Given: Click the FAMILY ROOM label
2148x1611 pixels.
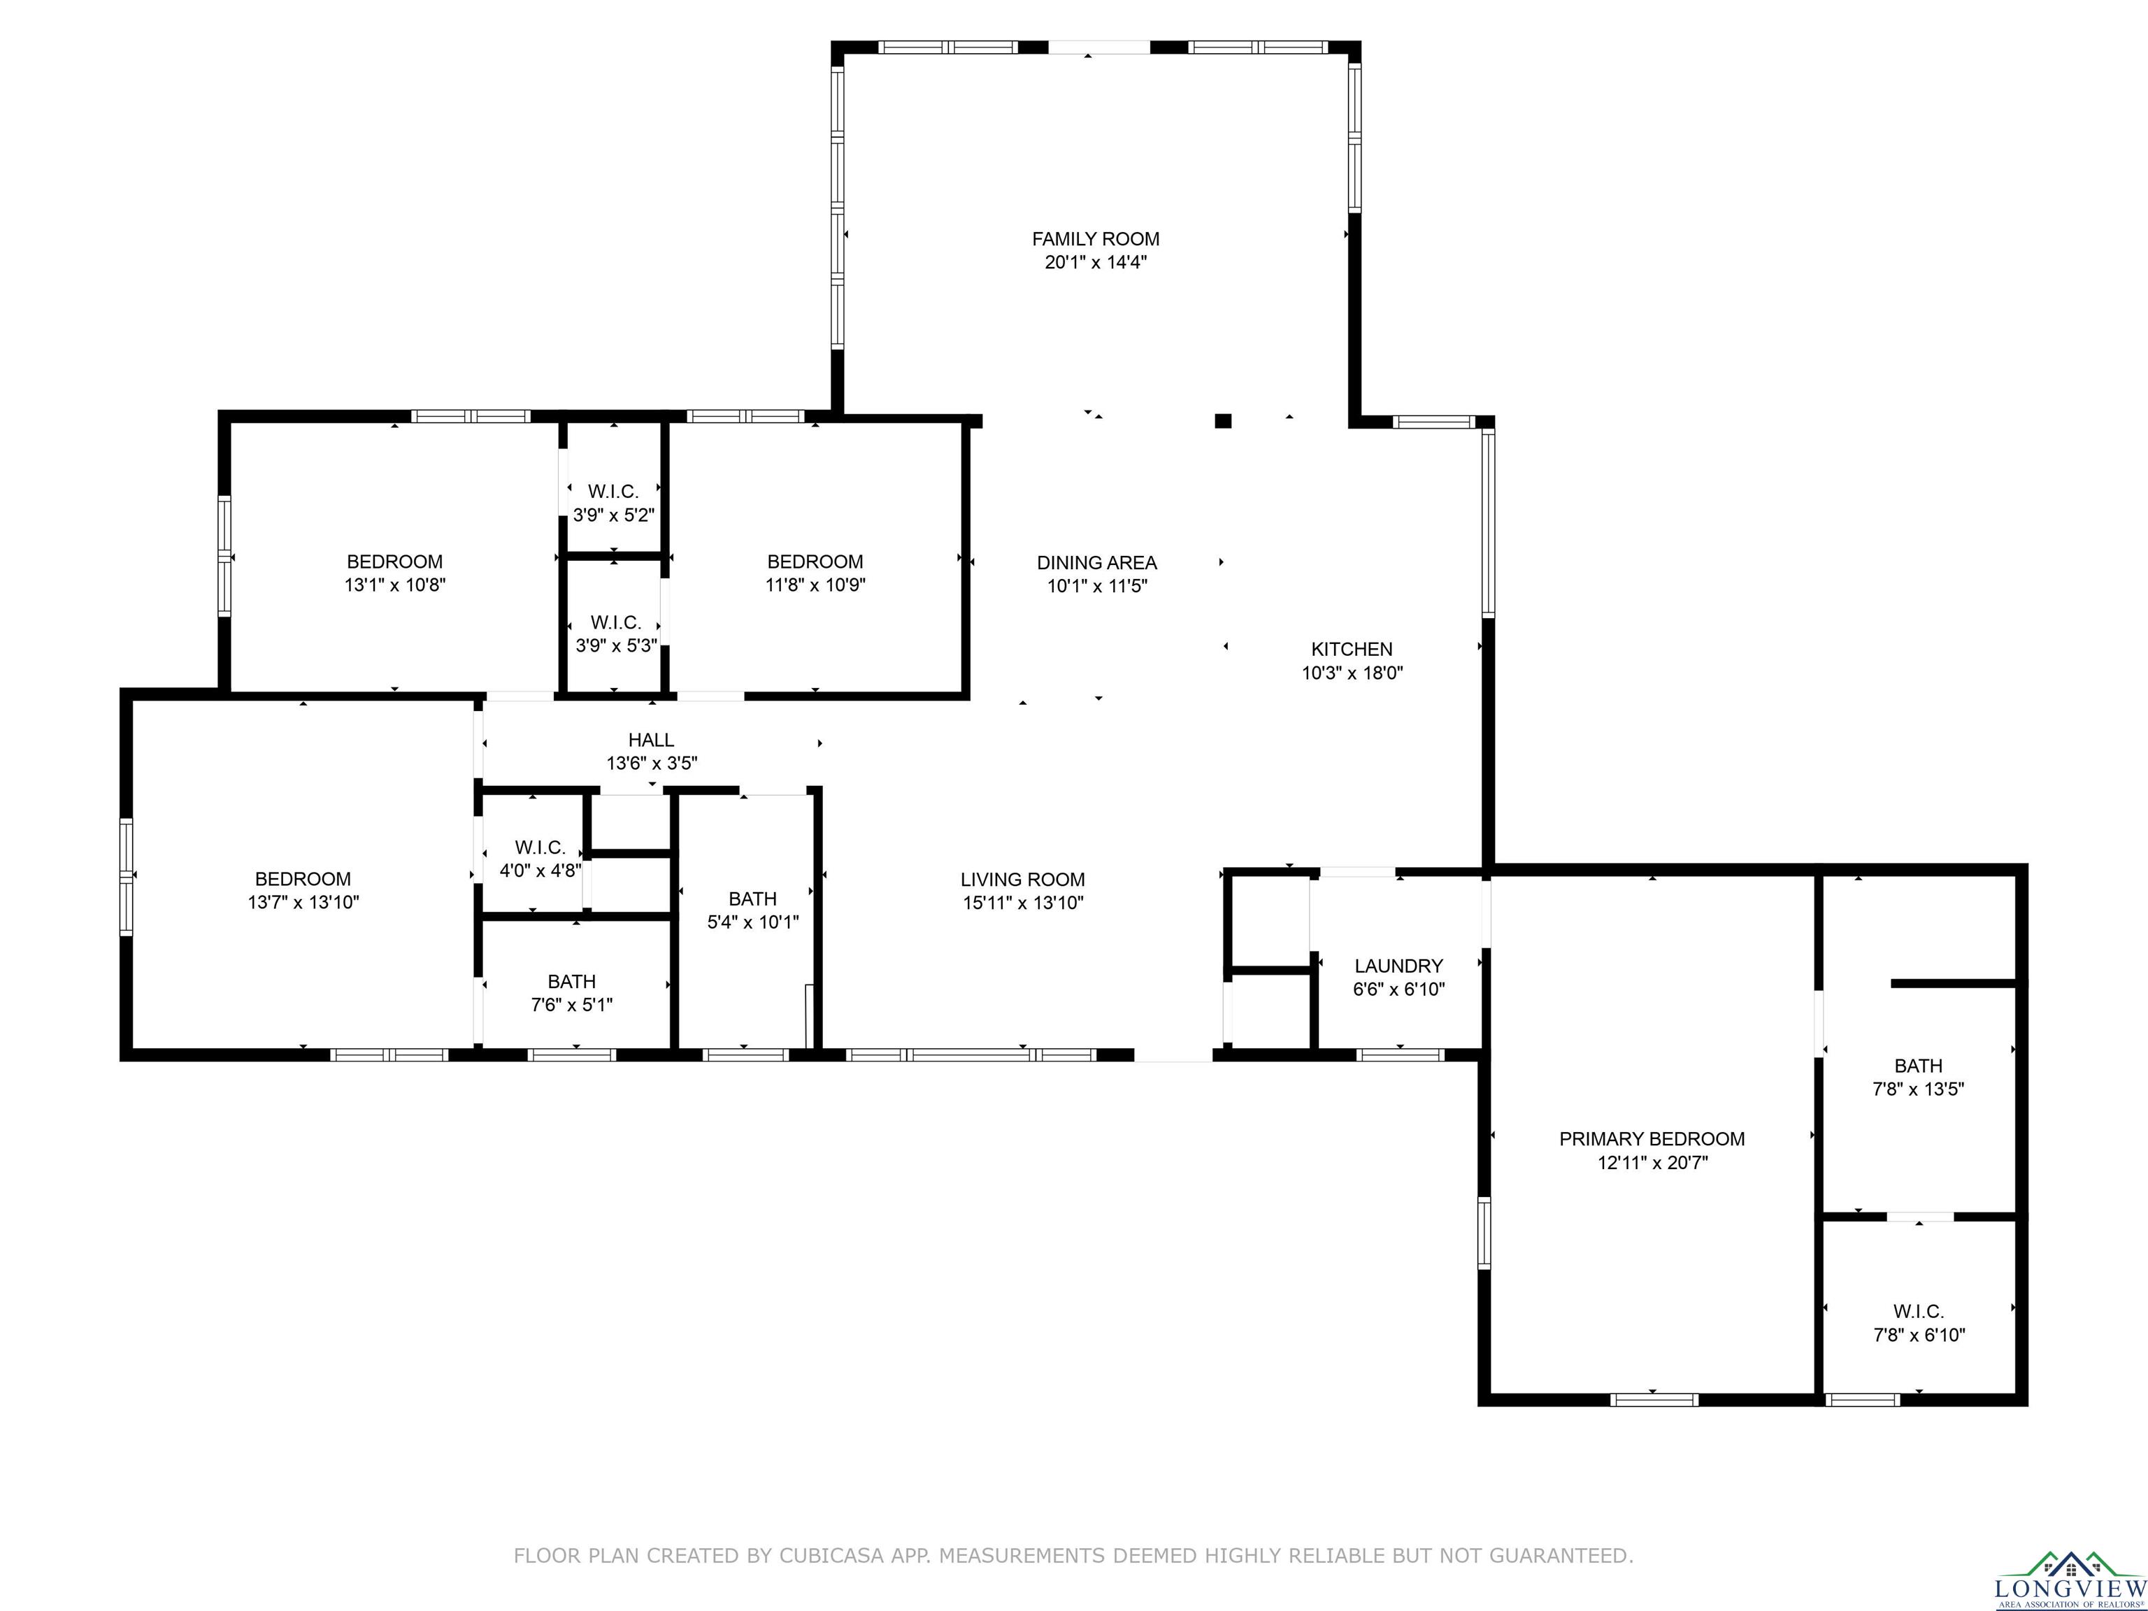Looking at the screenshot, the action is coord(1096,239).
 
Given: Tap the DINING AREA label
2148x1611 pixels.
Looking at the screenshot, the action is coord(1096,562).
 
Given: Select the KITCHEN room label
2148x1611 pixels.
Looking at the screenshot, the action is coord(1352,650).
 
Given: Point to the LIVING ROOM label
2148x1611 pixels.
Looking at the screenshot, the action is coord(1022,880).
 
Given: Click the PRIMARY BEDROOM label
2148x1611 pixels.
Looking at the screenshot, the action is coord(1652,1139).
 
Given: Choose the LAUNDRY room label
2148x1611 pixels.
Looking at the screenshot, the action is coord(1398,966).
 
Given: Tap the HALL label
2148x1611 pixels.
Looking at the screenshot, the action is coord(650,740).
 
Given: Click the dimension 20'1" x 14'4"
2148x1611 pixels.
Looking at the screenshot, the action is coord(1096,262).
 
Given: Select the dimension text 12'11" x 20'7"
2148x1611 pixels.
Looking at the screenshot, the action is coord(1652,1162).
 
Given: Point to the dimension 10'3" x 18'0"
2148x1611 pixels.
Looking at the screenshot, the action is coord(1352,673).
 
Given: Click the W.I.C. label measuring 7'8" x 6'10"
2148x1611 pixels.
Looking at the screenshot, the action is coord(1918,1312).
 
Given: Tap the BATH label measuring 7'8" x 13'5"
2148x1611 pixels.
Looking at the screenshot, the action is coord(1918,1066).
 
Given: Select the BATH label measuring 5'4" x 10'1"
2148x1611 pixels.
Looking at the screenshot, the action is coord(752,899).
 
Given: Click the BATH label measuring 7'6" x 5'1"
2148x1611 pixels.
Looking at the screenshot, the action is coord(571,982).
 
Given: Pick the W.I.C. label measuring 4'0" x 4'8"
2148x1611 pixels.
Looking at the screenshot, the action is coord(540,847).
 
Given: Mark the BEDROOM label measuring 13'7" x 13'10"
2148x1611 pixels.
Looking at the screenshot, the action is coord(303,879).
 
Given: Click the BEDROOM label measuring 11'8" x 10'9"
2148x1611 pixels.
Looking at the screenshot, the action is coord(815,561).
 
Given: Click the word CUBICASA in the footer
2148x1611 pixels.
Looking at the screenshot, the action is coord(830,1556).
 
